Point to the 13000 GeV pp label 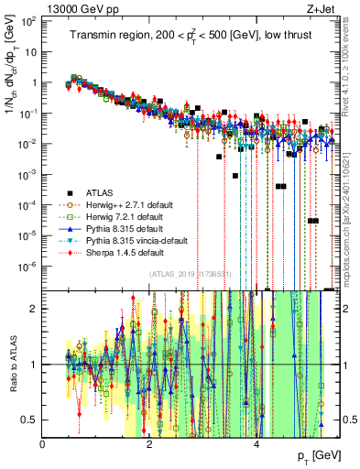76,10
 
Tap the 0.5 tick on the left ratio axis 30,420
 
